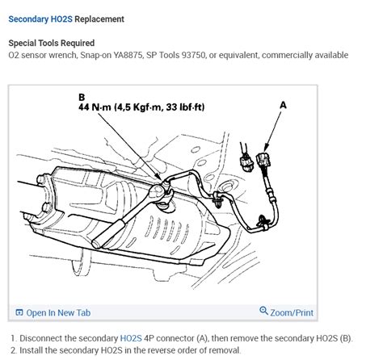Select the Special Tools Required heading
point(51,43)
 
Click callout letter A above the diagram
point(282,104)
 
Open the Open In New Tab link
point(58,312)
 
